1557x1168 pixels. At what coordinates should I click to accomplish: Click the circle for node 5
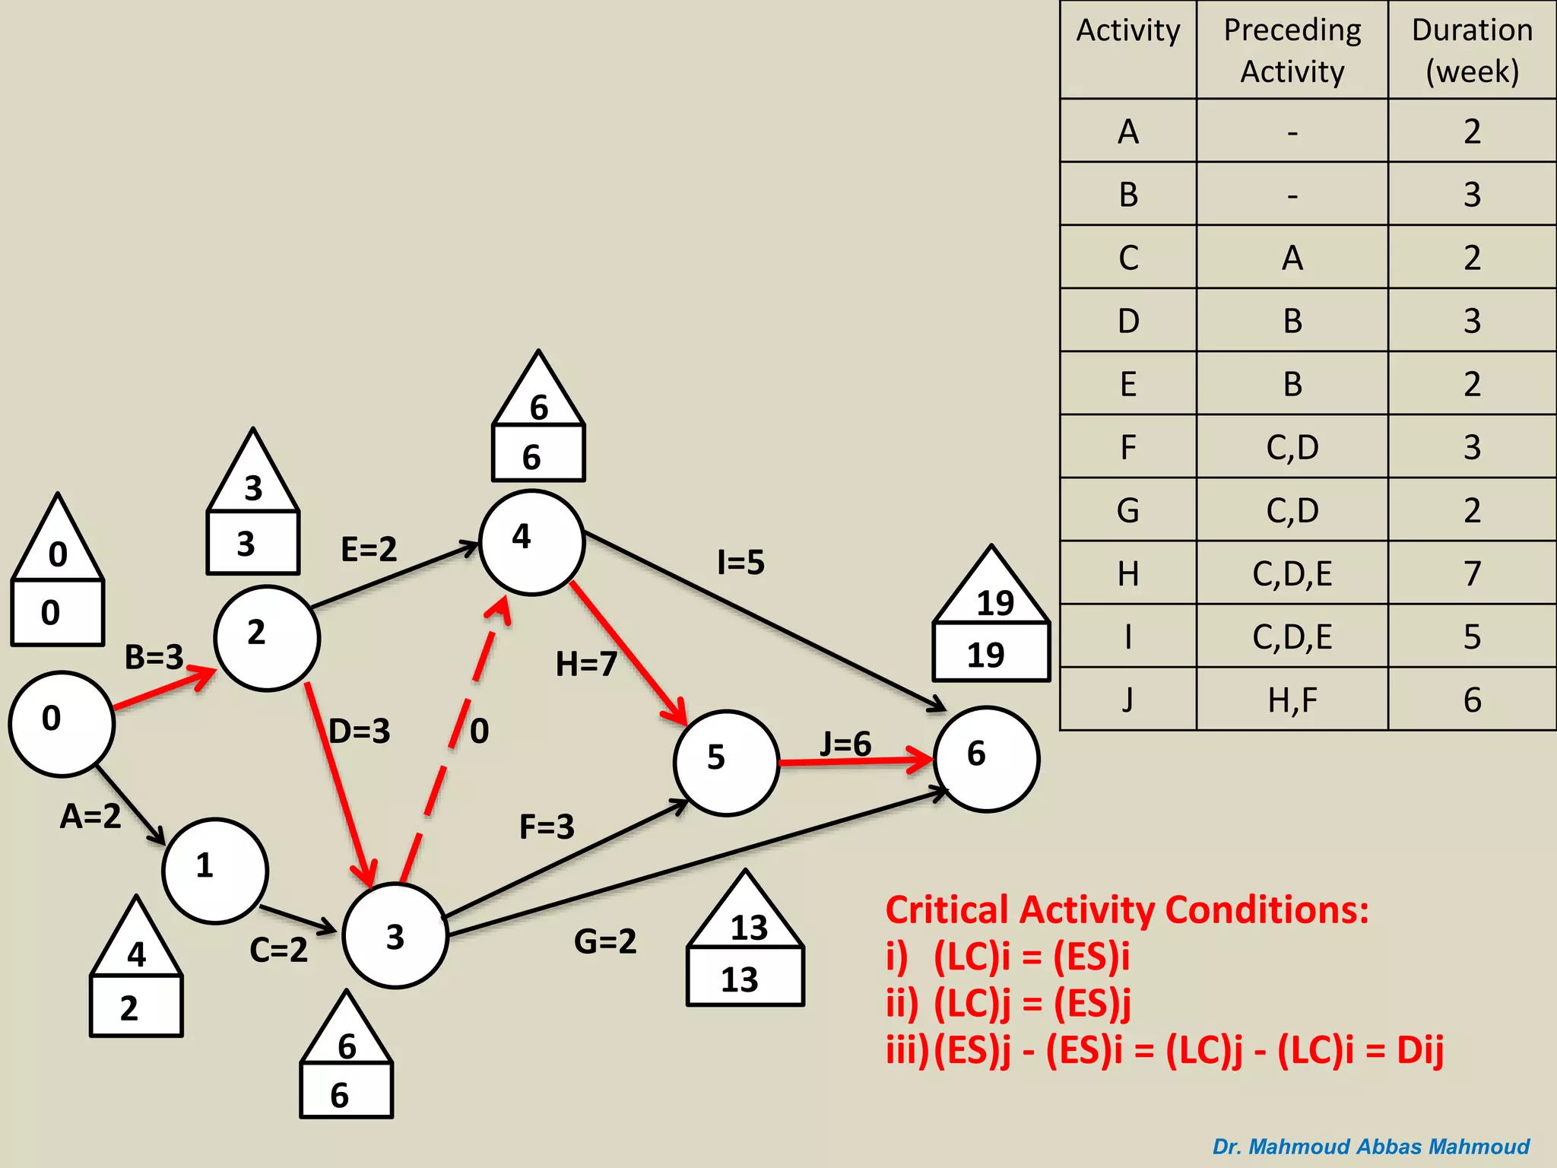click(x=726, y=762)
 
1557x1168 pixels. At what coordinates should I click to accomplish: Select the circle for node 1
click(x=215, y=871)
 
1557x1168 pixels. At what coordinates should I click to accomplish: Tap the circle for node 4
click(x=531, y=542)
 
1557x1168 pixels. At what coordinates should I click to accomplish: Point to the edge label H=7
click(x=585, y=665)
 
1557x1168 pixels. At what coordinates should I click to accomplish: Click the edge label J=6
click(x=845, y=744)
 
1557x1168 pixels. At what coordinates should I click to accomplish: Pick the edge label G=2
click(x=605, y=941)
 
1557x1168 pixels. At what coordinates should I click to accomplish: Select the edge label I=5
click(x=740, y=563)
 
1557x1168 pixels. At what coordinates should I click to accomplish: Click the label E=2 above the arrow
click(x=369, y=549)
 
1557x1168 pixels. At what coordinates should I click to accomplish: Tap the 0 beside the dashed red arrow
click(x=479, y=732)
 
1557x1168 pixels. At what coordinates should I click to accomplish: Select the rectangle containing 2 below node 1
click(x=136, y=1007)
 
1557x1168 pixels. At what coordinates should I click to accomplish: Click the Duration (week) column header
click(x=1472, y=50)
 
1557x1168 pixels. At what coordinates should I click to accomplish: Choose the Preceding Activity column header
click(x=1292, y=50)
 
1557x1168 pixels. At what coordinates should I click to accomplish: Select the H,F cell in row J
click(x=1292, y=700)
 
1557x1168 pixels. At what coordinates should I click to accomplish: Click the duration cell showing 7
click(x=1472, y=573)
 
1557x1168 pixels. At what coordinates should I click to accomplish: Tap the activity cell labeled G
click(x=1128, y=510)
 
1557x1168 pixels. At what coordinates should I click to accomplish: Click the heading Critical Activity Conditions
click(x=1127, y=910)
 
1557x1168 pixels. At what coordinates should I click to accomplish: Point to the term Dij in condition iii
click(x=1419, y=1050)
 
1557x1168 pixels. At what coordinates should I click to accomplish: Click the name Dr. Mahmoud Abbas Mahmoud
click(x=1371, y=1147)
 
